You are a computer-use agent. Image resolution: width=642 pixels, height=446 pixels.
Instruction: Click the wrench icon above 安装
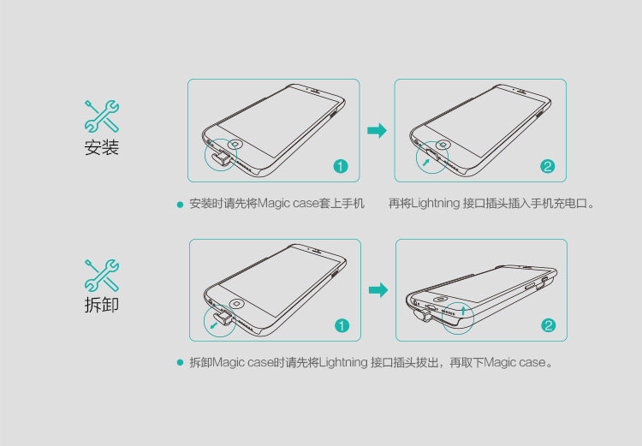(x=101, y=116)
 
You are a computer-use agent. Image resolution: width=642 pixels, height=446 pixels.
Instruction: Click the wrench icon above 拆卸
(x=101, y=275)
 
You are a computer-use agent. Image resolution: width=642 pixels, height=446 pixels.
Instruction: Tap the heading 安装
(x=101, y=148)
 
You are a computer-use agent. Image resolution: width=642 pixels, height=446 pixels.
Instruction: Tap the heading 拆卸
(x=101, y=306)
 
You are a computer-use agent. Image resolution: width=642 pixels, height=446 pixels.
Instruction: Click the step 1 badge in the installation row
(x=341, y=166)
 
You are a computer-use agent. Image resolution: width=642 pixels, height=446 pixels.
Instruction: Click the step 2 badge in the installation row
(x=548, y=166)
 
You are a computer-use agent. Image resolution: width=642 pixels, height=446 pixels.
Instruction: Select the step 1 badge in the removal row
(x=342, y=325)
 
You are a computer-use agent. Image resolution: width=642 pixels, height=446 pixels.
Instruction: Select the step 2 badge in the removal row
(x=549, y=325)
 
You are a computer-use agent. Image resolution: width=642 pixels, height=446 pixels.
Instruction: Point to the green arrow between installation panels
(x=377, y=130)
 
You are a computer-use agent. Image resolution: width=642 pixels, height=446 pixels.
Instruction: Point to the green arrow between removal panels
(x=377, y=290)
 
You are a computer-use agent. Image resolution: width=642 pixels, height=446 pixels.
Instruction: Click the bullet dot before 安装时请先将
(x=180, y=205)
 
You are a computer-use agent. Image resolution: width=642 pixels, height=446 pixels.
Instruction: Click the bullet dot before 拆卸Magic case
(x=180, y=363)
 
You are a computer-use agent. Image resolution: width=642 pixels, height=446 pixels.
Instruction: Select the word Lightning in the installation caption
(x=435, y=204)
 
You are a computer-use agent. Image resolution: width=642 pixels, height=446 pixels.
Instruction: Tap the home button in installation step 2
(x=443, y=144)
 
